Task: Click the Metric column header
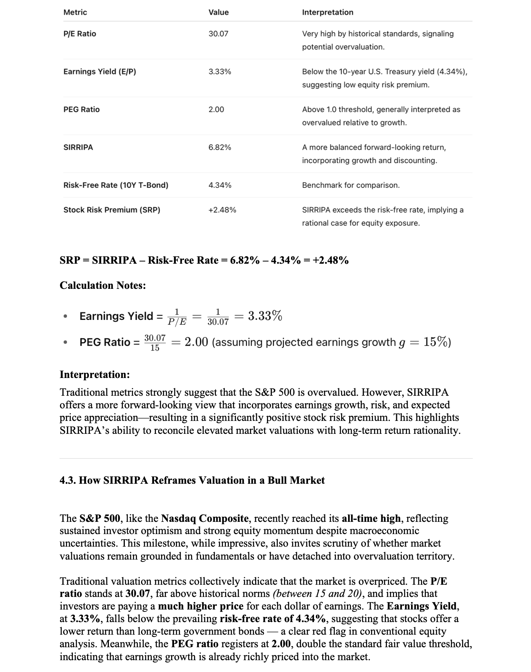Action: coord(75,12)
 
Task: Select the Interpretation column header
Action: coord(327,12)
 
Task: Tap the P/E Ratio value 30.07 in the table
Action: coord(218,34)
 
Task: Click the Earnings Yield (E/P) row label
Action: coord(100,71)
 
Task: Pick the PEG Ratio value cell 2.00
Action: coord(216,109)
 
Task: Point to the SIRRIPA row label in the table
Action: coord(78,147)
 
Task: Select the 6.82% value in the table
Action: coord(220,147)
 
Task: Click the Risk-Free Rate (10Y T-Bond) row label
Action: coord(116,185)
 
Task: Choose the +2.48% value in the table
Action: coord(222,210)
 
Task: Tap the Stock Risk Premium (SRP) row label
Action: coord(111,210)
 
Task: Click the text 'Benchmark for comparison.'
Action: coord(351,185)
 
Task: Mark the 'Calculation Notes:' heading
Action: coord(103,285)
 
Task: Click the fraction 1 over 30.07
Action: coord(218,317)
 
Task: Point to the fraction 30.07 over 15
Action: coord(155,342)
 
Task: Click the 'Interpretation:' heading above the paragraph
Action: coord(94,374)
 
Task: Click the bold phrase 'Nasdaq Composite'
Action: coord(205,518)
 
